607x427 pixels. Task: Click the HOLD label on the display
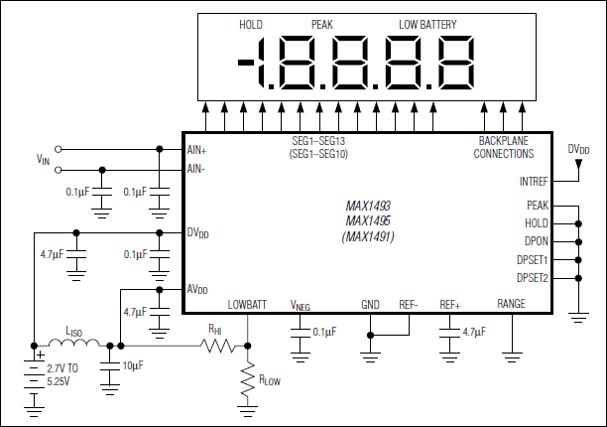[x=251, y=24]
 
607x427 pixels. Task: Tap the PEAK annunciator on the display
[x=323, y=24]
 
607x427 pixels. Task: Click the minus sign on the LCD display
[x=246, y=63]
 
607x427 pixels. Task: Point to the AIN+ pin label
[x=197, y=150]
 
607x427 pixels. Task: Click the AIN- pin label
[x=196, y=169]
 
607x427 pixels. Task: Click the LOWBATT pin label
[x=246, y=305]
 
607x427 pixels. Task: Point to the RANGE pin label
[x=511, y=305]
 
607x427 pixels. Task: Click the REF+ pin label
[x=451, y=305]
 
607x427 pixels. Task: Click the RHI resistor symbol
[x=216, y=347]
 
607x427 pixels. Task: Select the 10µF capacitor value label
[x=132, y=366]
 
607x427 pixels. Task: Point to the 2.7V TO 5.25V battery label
[x=65, y=374]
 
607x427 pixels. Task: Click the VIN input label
[x=42, y=159]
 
